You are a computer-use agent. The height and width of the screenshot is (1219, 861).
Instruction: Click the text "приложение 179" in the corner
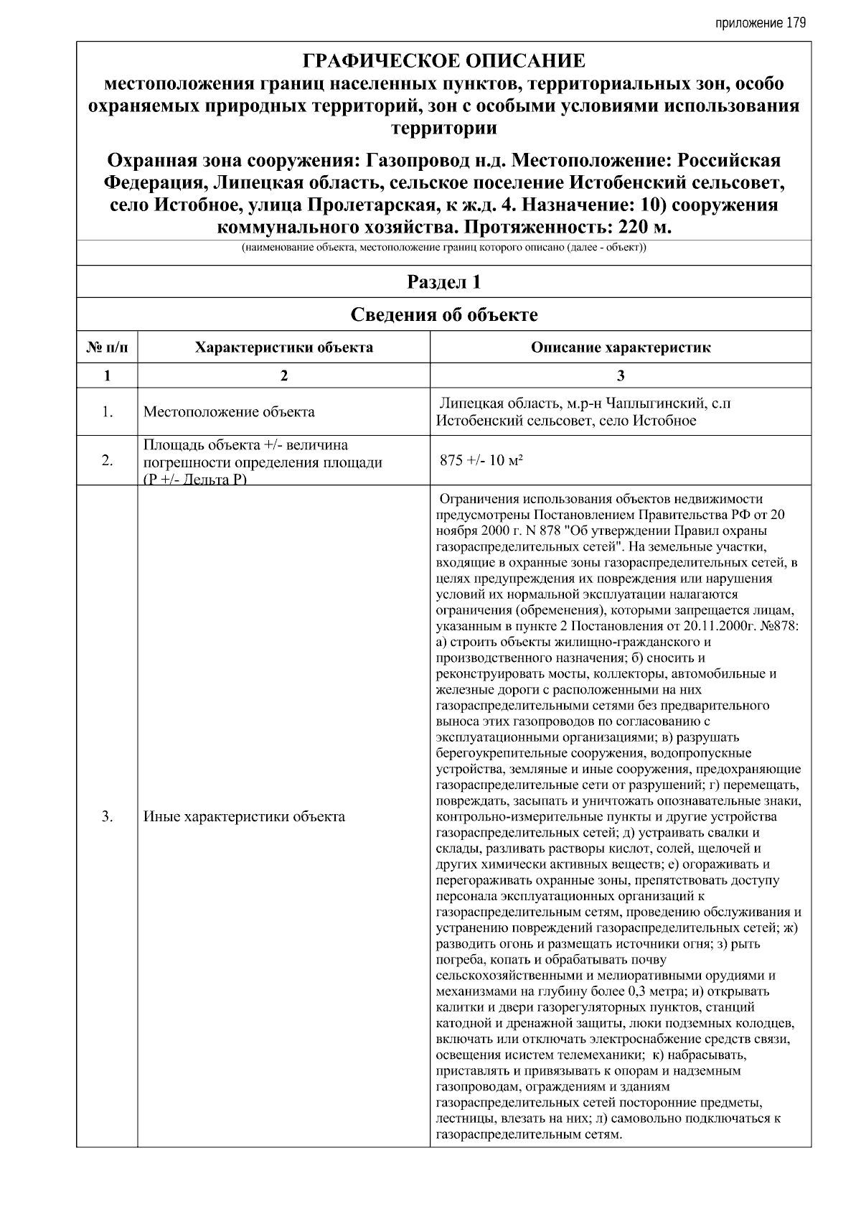[x=761, y=23]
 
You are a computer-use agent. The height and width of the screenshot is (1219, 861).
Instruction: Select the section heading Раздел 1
[x=443, y=282]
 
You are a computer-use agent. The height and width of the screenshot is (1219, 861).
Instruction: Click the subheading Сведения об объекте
[x=443, y=314]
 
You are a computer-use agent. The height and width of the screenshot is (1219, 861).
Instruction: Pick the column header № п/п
[x=107, y=348]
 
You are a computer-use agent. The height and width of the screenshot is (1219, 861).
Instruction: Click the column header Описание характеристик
[x=621, y=348]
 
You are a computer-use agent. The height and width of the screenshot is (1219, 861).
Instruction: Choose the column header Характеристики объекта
[x=284, y=348]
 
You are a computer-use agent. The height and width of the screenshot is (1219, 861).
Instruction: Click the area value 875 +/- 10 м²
[x=481, y=461]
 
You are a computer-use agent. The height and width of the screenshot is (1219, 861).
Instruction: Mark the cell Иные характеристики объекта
[x=244, y=816]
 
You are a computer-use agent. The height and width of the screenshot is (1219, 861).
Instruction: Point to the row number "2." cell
[x=107, y=461]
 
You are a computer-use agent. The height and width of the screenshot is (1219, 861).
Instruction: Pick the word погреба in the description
[x=459, y=960]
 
